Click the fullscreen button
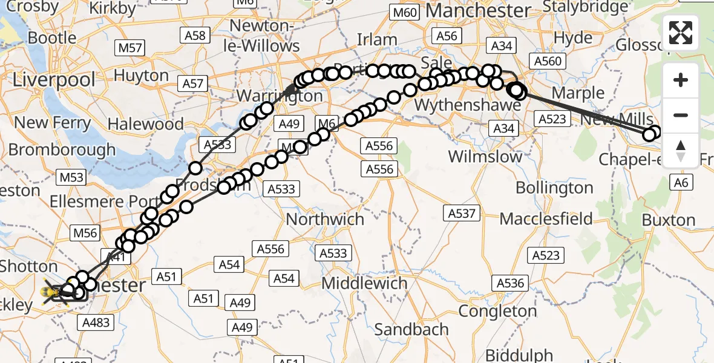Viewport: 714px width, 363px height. pos(681,33)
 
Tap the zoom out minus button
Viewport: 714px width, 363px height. pos(681,115)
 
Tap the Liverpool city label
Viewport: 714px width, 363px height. pos(54,80)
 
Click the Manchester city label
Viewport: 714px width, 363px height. pos(478,11)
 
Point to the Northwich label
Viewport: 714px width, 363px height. pos(325,218)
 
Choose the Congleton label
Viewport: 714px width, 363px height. pos(497,311)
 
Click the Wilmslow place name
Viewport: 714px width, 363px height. pos(485,156)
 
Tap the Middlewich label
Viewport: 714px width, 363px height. pos(364,283)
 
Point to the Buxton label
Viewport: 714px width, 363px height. pos(669,220)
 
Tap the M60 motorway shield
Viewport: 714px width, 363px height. pos(405,12)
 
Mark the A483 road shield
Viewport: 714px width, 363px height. pos(96,322)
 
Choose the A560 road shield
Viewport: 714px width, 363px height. pos(548,60)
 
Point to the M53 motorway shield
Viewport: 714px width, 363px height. pos(71,177)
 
